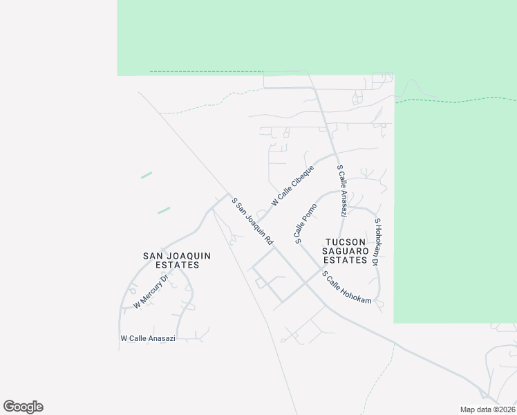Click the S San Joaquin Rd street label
click(252, 221)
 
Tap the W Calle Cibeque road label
click(293, 185)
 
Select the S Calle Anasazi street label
click(341, 190)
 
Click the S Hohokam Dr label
click(377, 243)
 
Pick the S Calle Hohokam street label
click(348, 287)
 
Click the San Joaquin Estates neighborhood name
click(176, 260)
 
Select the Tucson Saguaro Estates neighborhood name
click(346, 251)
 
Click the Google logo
click(23, 407)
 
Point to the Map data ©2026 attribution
click(487, 409)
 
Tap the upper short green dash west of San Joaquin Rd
click(147, 175)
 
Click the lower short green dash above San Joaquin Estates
click(164, 210)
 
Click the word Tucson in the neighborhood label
click(346, 242)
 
